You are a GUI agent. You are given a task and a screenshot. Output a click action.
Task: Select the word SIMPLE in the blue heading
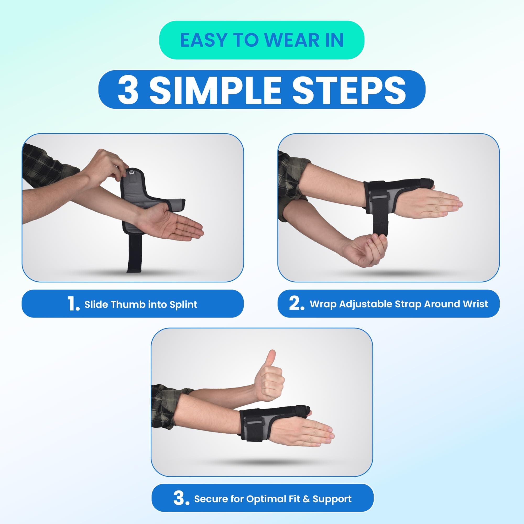click(215, 90)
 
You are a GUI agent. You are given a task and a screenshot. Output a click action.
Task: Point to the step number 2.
click(296, 303)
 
